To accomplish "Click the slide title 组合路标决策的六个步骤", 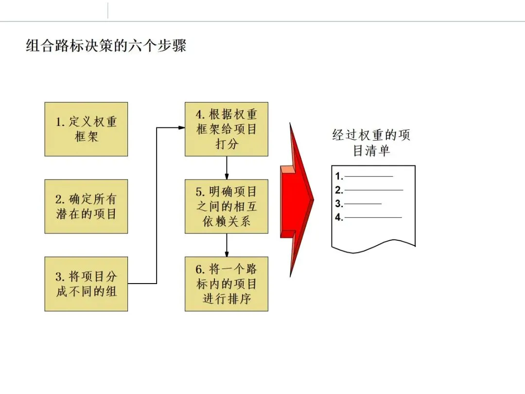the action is tap(106, 46).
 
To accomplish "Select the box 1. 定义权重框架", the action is tap(86, 129).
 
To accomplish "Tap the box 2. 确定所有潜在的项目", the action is tap(86, 206).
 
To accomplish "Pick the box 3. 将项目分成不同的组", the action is tap(86, 284).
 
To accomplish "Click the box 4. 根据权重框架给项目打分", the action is tap(226, 129).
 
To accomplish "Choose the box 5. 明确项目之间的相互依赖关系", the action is tap(226, 206).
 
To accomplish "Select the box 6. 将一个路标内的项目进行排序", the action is tap(226, 284).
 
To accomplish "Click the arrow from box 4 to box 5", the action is tap(227, 168).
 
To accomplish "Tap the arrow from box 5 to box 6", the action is tap(227, 245).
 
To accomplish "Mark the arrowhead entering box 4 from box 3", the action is tap(181, 128).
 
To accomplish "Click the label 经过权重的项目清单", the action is tap(371, 143).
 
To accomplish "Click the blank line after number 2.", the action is tap(373, 190).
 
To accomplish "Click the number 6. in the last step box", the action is tap(200, 269).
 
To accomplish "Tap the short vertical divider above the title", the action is tap(108, 10).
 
